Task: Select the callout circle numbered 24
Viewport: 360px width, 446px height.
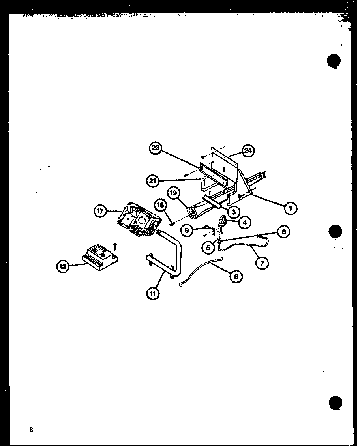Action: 248,151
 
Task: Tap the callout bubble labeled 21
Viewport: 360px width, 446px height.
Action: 153,181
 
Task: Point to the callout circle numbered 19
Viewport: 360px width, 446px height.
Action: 173,193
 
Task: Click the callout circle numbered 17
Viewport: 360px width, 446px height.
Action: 100,211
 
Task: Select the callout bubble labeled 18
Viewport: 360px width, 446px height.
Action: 160,205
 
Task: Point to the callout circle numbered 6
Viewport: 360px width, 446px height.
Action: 283,231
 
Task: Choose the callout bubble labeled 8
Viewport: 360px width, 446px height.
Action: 236,277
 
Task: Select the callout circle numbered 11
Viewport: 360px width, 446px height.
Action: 153,293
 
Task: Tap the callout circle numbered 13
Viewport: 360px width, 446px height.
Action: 62,267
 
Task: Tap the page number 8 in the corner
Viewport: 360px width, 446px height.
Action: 30,430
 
